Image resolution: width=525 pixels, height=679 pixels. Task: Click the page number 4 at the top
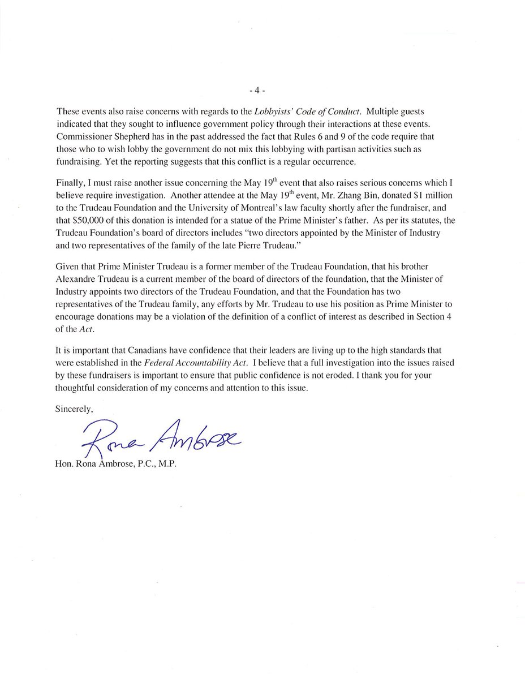tap(257, 91)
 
